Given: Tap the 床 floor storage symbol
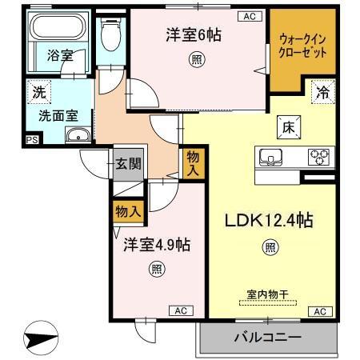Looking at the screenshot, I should pos(286,126).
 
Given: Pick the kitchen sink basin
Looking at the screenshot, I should pos(269,156).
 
